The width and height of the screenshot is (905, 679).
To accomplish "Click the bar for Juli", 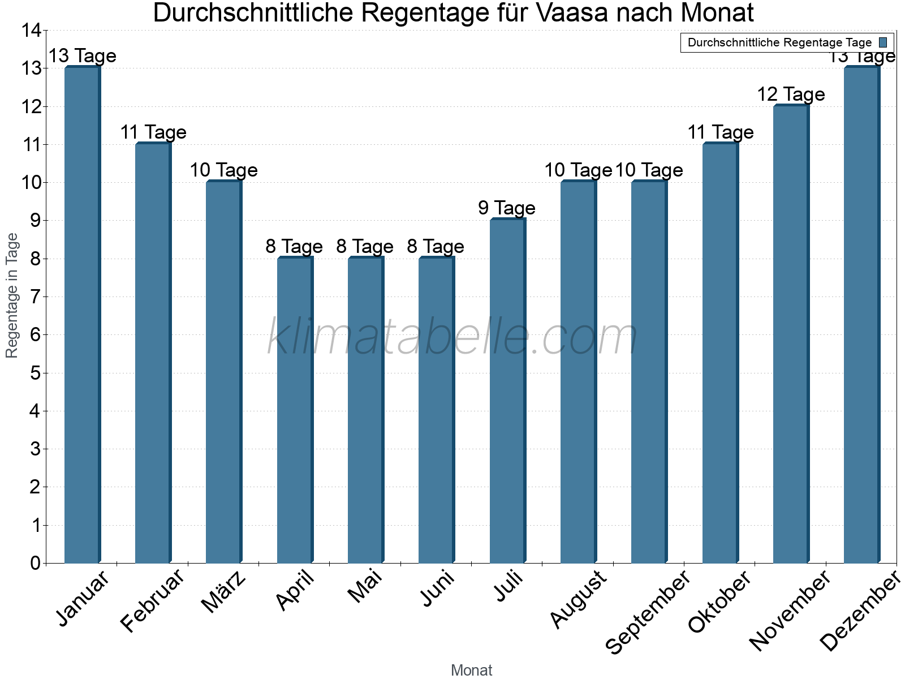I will (507, 390).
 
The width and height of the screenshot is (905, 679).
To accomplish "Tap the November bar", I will (791, 334).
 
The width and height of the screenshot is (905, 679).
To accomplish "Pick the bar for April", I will (295, 410).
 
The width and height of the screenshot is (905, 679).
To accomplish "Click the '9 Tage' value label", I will (507, 208).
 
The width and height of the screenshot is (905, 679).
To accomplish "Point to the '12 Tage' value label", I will (791, 94).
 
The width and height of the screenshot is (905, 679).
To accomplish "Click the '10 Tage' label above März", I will (223, 170).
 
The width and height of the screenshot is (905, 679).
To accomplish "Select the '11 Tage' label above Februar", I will (153, 132).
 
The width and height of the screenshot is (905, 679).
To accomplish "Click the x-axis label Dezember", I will (860, 611).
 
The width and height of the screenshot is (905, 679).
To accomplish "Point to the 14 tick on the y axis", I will (32, 31).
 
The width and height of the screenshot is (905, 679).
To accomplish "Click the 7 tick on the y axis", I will (36, 296).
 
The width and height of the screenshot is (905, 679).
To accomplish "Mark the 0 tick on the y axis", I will (36, 563).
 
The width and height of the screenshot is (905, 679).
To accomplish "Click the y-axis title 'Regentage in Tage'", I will (12, 295).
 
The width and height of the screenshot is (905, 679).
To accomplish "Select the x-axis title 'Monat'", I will (471, 670).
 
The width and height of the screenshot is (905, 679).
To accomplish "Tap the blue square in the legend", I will (883, 42).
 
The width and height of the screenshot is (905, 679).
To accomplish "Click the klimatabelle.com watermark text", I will (453, 337).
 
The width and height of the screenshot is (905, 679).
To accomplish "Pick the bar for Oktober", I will (720, 353).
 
